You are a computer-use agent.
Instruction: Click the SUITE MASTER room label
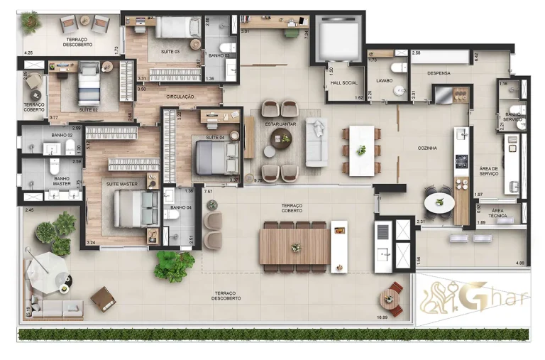pyautogui.click(x=122, y=184)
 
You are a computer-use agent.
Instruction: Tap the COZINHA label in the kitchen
pyautogui.click(x=426, y=148)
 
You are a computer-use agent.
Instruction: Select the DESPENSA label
pyautogui.click(x=440, y=73)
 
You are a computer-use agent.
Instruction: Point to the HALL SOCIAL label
pyautogui.click(x=345, y=82)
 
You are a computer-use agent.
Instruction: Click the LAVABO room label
pyautogui.click(x=385, y=81)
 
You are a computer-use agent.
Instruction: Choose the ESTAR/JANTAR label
pyautogui.click(x=280, y=124)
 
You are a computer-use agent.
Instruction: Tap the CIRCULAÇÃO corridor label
pyautogui.click(x=180, y=95)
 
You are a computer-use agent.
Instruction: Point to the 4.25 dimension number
pyautogui.click(x=28, y=53)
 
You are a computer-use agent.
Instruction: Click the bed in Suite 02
pyautogui.click(x=89, y=83)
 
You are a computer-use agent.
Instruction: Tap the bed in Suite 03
pyautogui.click(x=177, y=28)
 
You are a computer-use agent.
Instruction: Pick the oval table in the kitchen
pyautogui.click(x=439, y=204)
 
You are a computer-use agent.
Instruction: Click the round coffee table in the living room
pyautogui.click(x=280, y=139)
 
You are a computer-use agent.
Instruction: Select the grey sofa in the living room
pyautogui.click(x=316, y=142)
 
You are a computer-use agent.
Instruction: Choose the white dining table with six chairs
pyautogui.click(x=360, y=150)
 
